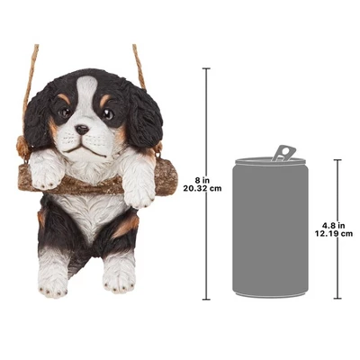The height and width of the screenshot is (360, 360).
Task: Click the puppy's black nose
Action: pos(83,130)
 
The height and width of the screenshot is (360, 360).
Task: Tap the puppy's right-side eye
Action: pos(108,114)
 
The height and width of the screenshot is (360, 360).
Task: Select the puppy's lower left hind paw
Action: pos(54,274)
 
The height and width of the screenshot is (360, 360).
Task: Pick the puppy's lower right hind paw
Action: pos(119,272)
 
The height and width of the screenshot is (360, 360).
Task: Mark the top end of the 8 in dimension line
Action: pos(206,68)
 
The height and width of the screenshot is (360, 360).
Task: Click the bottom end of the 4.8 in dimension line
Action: pos(337,298)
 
